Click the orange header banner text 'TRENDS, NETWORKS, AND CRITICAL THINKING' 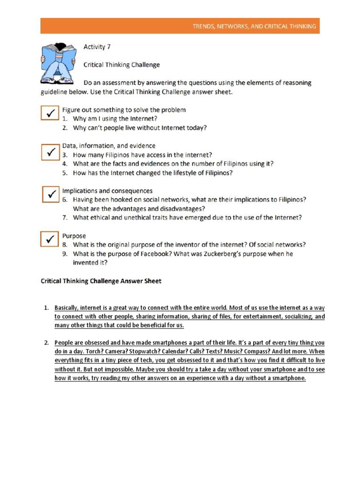click(x=255, y=27)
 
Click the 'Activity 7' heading click(x=97, y=46)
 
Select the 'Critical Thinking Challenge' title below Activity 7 click(x=121, y=65)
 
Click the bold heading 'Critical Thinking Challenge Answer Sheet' click(x=101, y=281)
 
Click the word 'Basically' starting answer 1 click(x=66, y=308)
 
